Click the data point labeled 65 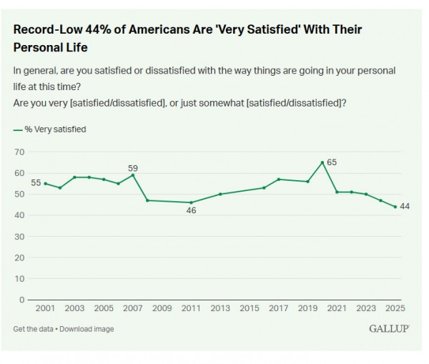[322, 162]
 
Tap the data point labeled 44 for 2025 [395, 207]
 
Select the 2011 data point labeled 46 [191, 202]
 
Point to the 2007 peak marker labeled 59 [133, 175]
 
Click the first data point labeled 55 [45, 184]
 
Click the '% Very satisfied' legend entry [50, 129]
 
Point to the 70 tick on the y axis [20, 152]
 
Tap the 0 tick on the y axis [22, 299]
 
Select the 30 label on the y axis [20, 236]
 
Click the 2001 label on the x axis [45, 308]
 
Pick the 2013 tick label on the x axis [220, 308]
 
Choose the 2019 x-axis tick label [307, 308]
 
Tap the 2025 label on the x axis [395, 308]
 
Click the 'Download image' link [88, 329]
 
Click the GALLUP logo [389, 328]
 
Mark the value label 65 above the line [332, 162]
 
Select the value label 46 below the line [191, 211]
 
